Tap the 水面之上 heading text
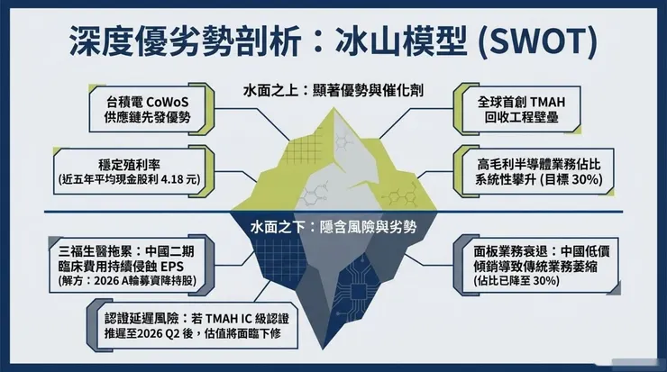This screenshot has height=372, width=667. [x=270, y=91]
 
